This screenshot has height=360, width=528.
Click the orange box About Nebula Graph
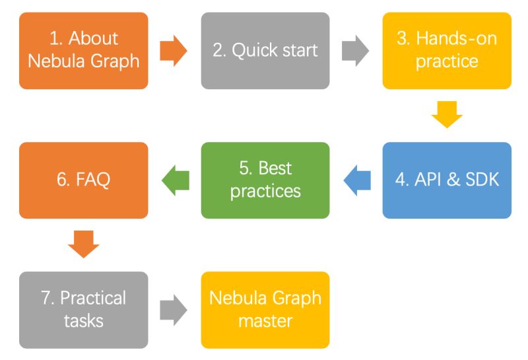tap(84, 50)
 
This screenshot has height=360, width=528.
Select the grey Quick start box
tap(265, 50)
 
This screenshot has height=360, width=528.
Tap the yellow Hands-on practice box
tap(447, 50)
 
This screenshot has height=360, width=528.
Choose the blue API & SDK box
tap(447, 180)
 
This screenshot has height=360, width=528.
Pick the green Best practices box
tap(265, 180)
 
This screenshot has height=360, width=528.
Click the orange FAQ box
tap(84, 180)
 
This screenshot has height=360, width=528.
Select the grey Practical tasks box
tap(84, 309)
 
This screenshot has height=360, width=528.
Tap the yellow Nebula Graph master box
tap(265, 309)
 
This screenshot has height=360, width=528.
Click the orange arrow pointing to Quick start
tap(174, 51)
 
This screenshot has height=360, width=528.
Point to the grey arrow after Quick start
tap(356, 51)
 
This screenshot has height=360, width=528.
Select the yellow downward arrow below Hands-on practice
tap(447, 114)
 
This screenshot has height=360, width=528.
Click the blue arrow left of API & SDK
tap(357, 180)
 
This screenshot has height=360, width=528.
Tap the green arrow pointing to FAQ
tap(175, 180)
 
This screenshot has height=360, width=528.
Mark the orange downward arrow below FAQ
tap(84, 244)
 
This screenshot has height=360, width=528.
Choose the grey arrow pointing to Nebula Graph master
tap(174, 310)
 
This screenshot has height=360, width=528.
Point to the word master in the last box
tap(265, 321)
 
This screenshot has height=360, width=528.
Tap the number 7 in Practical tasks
tap(46, 298)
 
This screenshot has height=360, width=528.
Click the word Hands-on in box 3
tap(456, 38)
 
